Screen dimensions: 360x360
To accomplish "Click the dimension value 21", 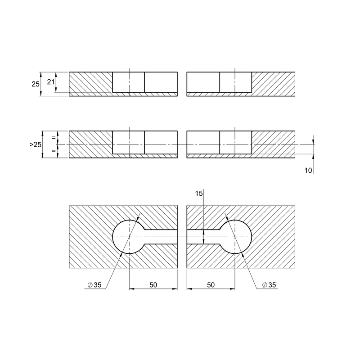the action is (x=51, y=82).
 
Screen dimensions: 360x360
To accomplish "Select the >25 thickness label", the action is (x=36, y=144).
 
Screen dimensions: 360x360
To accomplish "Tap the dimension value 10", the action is (x=308, y=171).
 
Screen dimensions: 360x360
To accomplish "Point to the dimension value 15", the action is (x=199, y=193).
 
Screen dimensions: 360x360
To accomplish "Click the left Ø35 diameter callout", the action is (x=94, y=285).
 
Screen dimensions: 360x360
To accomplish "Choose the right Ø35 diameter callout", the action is (x=269, y=285).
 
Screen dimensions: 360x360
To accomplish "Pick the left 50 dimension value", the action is (x=153, y=285).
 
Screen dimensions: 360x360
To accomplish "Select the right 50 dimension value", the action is (x=211, y=285).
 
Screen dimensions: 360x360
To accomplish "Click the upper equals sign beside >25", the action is (x=54, y=138).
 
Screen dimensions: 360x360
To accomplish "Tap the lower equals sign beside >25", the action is (x=54, y=151).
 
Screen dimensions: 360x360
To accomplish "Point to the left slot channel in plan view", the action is (x=161, y=237).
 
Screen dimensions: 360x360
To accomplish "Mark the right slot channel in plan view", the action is (x=203, y=237).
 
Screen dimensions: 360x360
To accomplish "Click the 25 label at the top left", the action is (x=36, y=84).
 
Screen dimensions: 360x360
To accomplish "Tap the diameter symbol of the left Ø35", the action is (x=90, y=285).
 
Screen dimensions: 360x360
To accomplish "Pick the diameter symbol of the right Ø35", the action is (x=265, y=285).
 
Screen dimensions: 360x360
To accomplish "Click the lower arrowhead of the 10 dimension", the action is (x=313, y=157).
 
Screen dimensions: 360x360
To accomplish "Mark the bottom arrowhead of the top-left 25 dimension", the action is (x=41, y=93).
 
